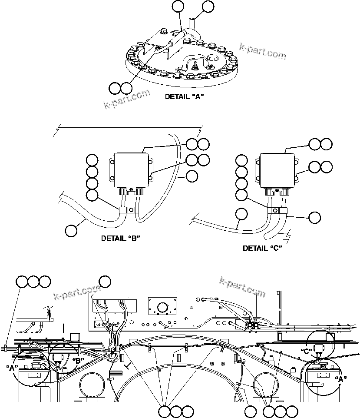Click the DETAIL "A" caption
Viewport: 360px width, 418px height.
[x=185, y=97]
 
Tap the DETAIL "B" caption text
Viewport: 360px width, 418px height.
[x=120, y=238]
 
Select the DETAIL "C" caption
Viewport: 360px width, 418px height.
[x=262, y=248]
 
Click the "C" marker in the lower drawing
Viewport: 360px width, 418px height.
[x=307, y=351]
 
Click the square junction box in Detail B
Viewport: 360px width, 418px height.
[x=131, y=170]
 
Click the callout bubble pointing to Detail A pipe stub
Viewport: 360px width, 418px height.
[x=208, y=7]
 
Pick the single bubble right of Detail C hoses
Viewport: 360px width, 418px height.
[x=316, y=217]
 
